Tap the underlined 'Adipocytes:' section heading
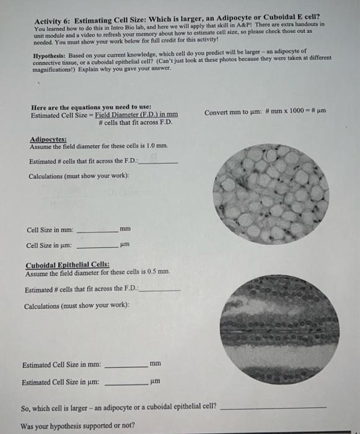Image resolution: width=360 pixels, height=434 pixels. pos(47,139)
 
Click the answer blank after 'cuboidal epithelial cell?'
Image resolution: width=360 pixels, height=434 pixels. pos(273,408)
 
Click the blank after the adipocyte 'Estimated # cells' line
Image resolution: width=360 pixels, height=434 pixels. pos(159,162)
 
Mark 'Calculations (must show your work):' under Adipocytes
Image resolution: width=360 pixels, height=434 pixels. pos(79,176)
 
